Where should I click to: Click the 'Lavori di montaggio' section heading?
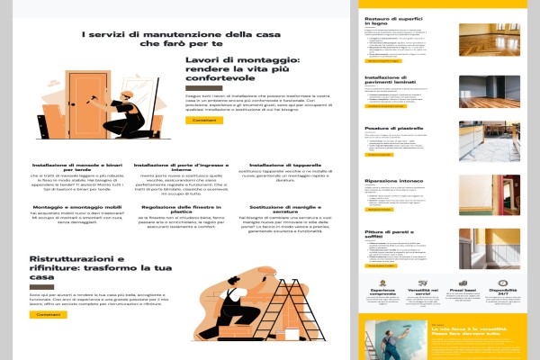point(242,67)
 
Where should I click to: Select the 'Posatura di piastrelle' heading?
point(395,129)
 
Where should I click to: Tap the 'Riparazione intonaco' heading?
point(394,181)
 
